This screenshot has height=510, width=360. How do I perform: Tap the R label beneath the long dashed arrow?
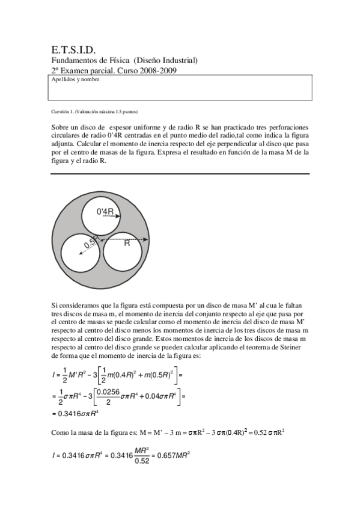point(127,244)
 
